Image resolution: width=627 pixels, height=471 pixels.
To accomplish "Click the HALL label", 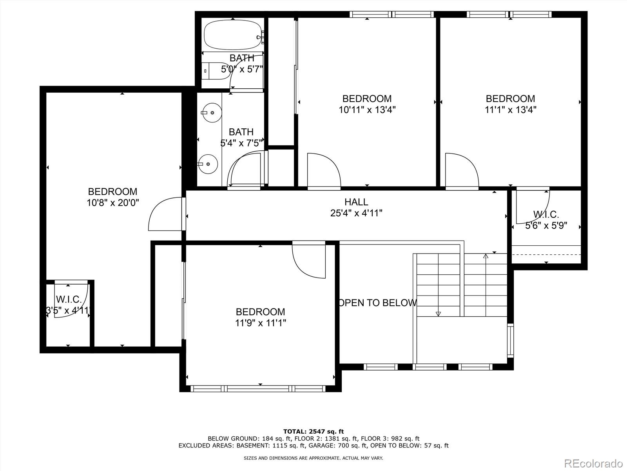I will [356, 202].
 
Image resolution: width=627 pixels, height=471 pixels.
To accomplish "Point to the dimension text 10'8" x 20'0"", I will [113, 203].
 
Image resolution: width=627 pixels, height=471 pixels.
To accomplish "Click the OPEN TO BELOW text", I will [377, 303].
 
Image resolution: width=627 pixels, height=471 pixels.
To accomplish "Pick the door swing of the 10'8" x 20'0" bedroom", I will [165, 215].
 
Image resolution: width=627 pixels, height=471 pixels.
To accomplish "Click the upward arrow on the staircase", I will [486, 257].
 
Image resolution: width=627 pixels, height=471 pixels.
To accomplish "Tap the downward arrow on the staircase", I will [438, 314].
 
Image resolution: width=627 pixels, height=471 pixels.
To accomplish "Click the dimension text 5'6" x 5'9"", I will [546, 226].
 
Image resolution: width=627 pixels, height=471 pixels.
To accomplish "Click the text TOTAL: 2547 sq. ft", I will [313, 432].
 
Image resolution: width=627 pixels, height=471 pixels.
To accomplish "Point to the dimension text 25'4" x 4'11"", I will [356, 213].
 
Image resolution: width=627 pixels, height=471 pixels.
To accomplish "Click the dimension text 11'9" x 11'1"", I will [260, 323].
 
